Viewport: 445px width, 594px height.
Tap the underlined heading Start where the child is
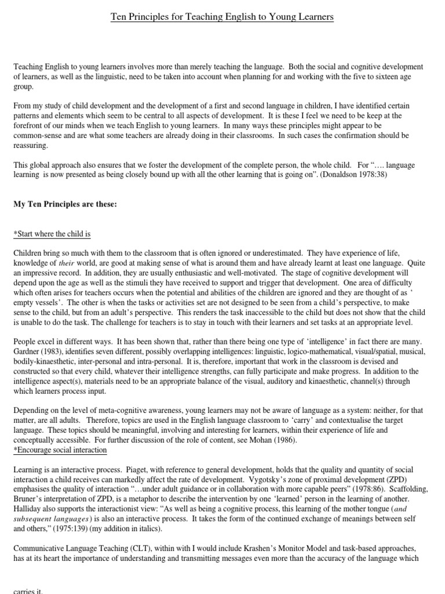[52, 234]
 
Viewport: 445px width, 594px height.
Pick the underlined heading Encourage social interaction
[60, 450]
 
